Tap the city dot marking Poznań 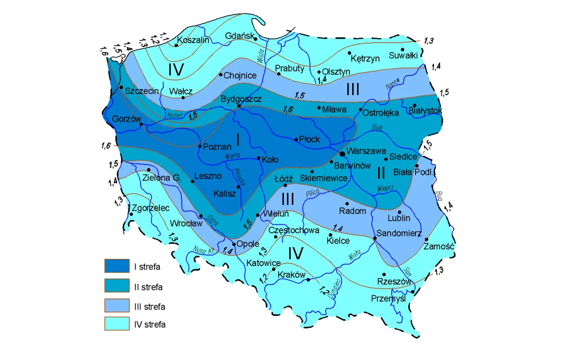pos(200,146)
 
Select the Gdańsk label pos(240,36)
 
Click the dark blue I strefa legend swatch pos(117,266)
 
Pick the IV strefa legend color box pos(117,324)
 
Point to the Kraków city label pos(292,274)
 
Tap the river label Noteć pos(174,115)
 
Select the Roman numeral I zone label pos(238,140)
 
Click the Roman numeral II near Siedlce pos(380,173)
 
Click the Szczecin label pos(142,91)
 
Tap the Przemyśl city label pos(389,298)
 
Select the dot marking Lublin pos(399,212)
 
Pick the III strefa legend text pos(150,307)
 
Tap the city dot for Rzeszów pos(384,274)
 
